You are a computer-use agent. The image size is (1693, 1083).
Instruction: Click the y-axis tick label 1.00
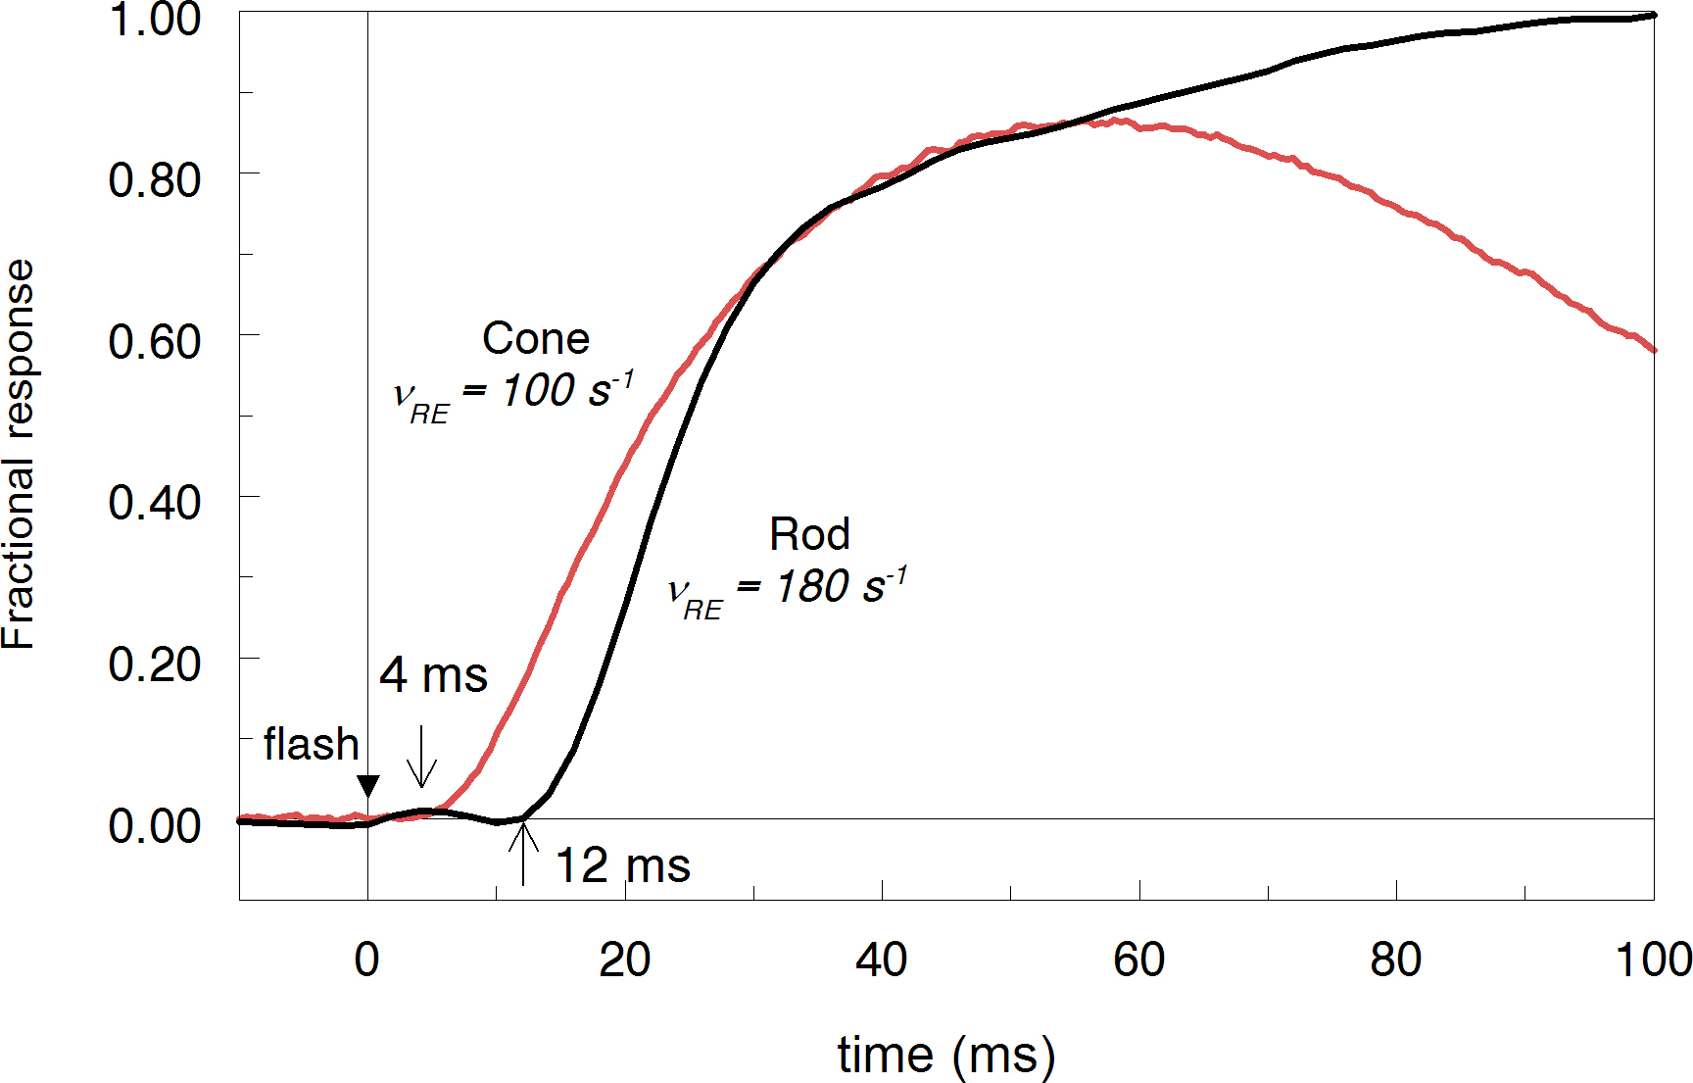point(154,20)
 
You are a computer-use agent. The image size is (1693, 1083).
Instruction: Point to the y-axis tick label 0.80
point(154,180)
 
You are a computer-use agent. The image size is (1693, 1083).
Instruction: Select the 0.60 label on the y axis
point(154,342)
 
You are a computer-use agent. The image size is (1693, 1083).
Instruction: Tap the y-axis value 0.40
point(154,503)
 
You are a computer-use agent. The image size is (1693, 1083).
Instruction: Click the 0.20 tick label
point(154,665)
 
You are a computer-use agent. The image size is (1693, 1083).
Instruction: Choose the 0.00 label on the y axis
point(154,825)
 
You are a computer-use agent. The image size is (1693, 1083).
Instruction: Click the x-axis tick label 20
point(624,960)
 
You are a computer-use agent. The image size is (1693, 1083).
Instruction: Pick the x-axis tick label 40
point(881,960)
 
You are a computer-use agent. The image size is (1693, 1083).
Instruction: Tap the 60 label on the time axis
point(1138,960)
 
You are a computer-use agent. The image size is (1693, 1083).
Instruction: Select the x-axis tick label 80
point(1395,960)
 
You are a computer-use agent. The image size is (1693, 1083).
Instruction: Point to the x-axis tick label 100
point(1653,960)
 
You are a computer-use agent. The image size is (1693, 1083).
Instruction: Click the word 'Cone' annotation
point(536,339)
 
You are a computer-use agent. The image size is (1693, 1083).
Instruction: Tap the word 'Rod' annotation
point(809,535)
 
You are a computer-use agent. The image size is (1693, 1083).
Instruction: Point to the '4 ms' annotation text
point(433,675)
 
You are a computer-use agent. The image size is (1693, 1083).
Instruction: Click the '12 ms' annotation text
point(623,866)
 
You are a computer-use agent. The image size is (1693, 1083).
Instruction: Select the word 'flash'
point(311,745)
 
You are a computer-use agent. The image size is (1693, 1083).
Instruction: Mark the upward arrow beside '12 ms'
point(523,853)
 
